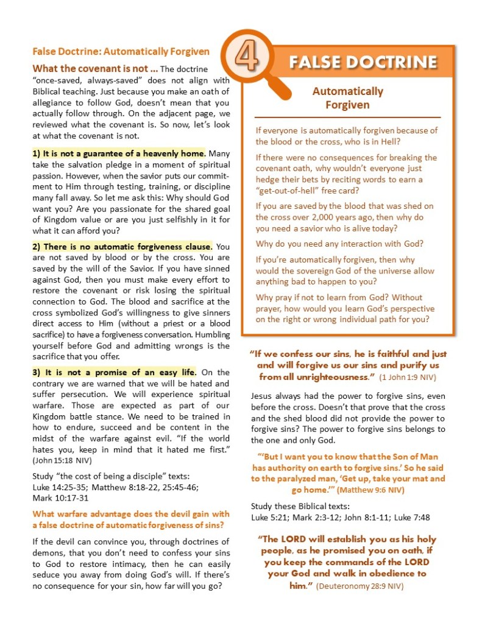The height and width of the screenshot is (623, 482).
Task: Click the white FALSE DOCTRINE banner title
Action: [363, 62]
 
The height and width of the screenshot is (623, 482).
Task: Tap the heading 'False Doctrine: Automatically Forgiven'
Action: [121, 52]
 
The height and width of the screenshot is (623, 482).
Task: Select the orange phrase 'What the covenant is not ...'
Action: [94, 69]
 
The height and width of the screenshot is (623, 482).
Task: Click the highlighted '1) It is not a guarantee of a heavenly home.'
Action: [119, 153]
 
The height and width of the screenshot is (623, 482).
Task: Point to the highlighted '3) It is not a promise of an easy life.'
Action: [115, 372]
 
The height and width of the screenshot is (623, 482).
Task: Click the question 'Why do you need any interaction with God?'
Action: [341, 244]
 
